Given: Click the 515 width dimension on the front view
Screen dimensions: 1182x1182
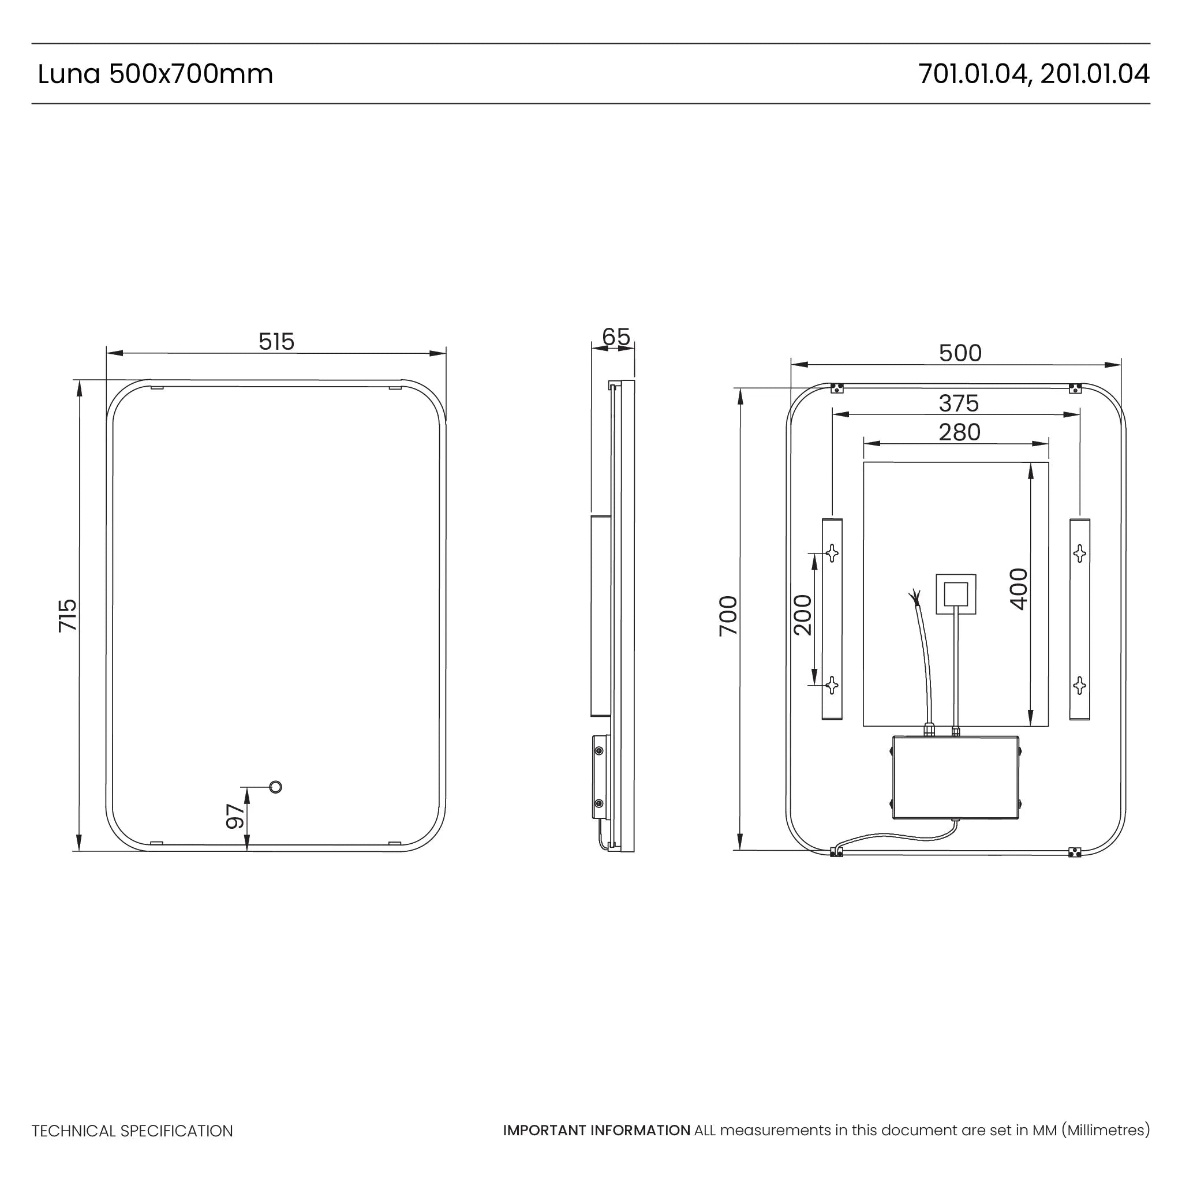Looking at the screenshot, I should [276, 342].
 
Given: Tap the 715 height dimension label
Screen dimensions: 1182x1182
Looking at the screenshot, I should [68, 615].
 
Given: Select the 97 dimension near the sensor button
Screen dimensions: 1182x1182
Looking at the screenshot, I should [235, 816].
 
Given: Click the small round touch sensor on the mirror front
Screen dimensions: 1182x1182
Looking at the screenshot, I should [276, 787].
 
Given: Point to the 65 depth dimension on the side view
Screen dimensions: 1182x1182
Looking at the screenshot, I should [615, 336].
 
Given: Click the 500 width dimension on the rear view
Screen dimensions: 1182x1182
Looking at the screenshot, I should [960, 353].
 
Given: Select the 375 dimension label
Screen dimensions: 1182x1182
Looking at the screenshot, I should [959, 403].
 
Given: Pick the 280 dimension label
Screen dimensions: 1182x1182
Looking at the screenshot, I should [959, 432].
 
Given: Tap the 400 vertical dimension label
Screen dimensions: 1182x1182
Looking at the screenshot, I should [1019, 589].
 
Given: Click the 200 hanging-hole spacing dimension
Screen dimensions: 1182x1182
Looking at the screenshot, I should [803, 615].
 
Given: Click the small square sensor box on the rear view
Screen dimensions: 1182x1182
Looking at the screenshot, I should [956, 593].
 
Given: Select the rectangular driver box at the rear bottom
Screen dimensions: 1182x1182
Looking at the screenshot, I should [955, 777].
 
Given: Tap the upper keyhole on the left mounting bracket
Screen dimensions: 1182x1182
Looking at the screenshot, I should [832, 553].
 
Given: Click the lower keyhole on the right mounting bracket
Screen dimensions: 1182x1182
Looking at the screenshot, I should [1079, 685].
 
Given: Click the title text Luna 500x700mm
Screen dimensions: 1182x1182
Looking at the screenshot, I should [155, 74].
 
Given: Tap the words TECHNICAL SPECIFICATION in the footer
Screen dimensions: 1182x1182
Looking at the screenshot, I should [132, 1131].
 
